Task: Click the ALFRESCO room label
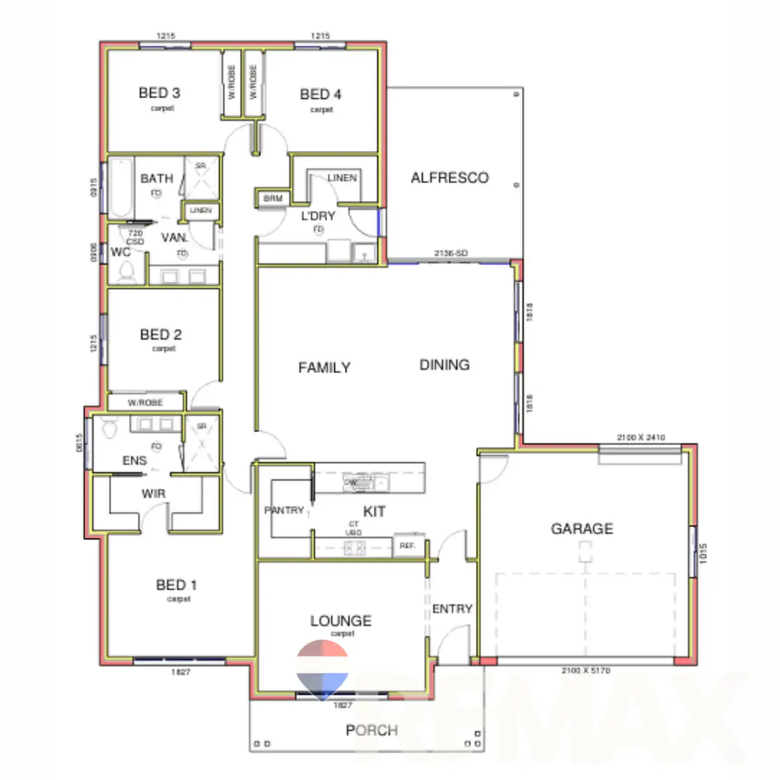[449, 177]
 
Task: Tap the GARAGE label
[582, 528]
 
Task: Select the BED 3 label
[159, 93]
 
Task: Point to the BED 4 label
[320, 94]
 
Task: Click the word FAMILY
[324, 368]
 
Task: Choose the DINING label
[445, 365]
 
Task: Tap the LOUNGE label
[341, 621]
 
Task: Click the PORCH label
[371, 731]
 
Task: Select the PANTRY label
[285, 510]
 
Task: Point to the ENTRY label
[452, 609]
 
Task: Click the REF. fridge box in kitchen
[408, 546]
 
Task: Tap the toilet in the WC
[125, 271]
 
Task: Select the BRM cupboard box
[272, 198]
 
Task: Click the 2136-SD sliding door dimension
[450, 253]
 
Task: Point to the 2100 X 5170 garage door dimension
[586, 670]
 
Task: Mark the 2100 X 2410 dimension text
[640, 437]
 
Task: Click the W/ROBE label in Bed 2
[145, 402]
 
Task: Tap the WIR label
[153, 494]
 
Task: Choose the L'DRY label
[318, 216]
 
